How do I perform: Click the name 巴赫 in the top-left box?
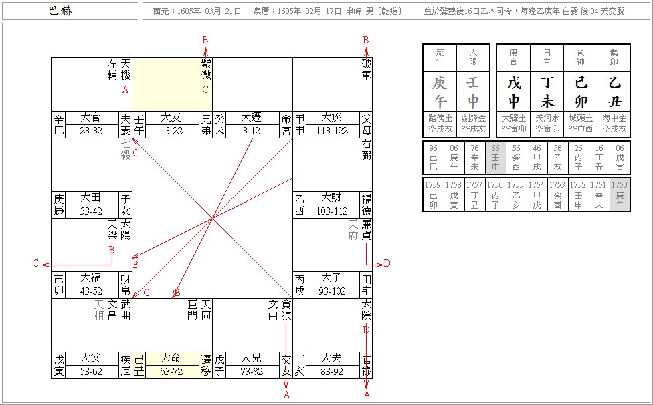(x=61, y=11)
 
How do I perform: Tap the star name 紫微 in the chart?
(x=205, y=67)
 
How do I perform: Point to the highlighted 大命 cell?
(x=172, y=358)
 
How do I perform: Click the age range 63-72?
(x=172, y=372)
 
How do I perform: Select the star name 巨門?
(x=193, y=309)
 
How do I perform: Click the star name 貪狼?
(x=286, y=309)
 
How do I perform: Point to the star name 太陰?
(x=366, y=309)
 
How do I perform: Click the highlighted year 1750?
(x=620, y=190)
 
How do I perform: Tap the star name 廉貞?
(x=366, y=229)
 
